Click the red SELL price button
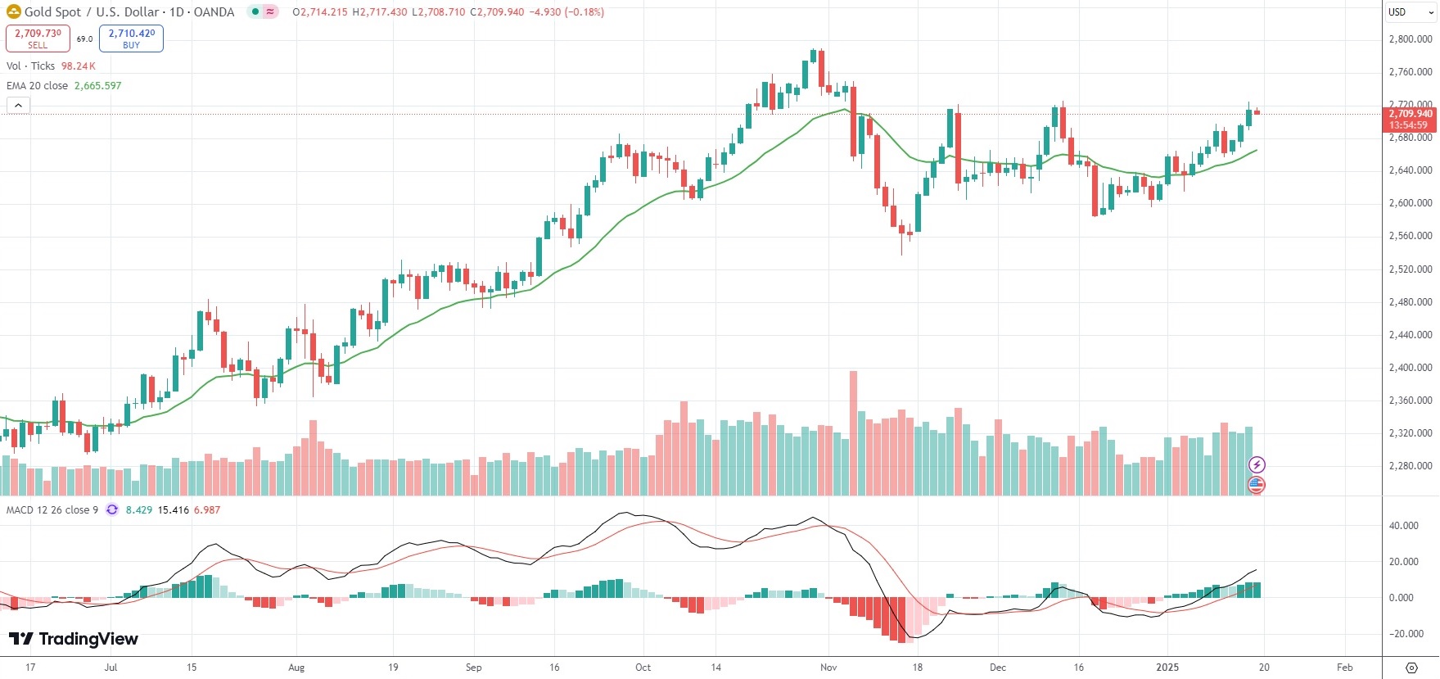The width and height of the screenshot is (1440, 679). coord(38,38)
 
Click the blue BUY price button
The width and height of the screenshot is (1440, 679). coord(131,38)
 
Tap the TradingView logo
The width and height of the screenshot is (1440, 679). coord(74,639)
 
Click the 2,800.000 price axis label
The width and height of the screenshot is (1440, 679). coord(1411,39)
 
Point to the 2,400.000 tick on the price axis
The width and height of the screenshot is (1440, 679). coord(1411,368)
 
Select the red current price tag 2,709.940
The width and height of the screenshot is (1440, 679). coord(1410,114)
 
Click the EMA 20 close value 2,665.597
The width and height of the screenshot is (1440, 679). coord(97,86)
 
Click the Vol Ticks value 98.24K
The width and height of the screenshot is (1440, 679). coord(79,66)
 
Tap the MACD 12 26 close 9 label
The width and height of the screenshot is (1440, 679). coord(52,510)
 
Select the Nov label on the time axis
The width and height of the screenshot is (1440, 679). coord(828,668)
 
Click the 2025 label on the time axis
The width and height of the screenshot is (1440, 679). coord(1167,668)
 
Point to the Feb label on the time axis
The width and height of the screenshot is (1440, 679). coord(1344,668)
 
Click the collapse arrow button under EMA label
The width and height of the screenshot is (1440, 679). coord(18,105)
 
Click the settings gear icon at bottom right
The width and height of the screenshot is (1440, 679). coord(1411,668)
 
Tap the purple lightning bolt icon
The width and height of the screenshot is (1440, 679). coord(1257,465)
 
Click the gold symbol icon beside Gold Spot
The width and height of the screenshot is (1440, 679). coord(13,11)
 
